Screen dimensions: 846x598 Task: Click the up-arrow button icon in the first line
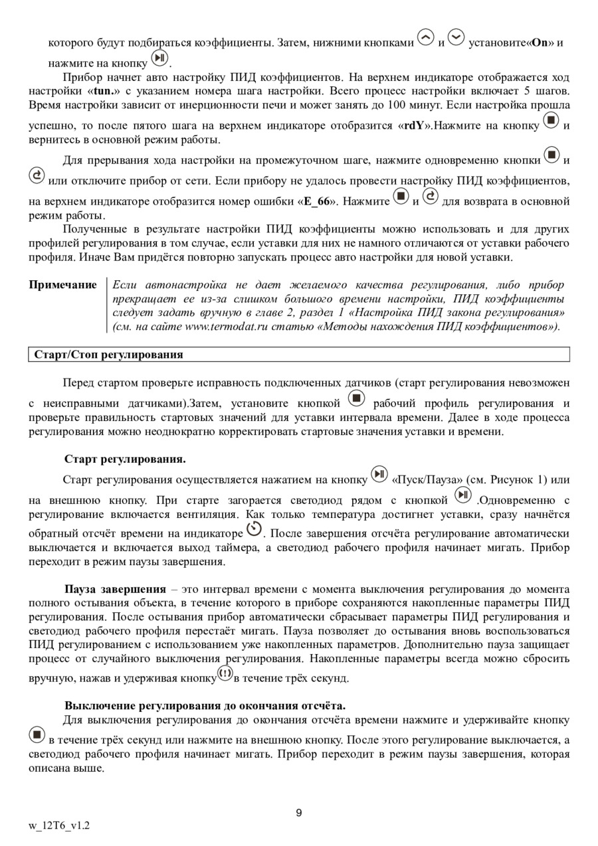coord(426,37)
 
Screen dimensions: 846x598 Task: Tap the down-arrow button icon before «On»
coord(456,37)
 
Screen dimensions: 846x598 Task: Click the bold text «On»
coord(539,42)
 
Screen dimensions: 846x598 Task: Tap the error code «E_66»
coord(318,201)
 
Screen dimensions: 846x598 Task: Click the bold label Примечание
coord(62,285)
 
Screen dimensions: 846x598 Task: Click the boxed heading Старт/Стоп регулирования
coord(108,355)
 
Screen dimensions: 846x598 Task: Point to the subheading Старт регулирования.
coord(125,459)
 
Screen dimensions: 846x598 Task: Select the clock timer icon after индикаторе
coord(254,529)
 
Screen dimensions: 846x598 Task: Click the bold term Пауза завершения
coord(115,589)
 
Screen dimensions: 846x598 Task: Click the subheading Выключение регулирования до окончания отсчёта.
coord(205,705)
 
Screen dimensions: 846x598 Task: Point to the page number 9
coord(299,813)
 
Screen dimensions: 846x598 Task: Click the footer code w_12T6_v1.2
coord(59,826)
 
